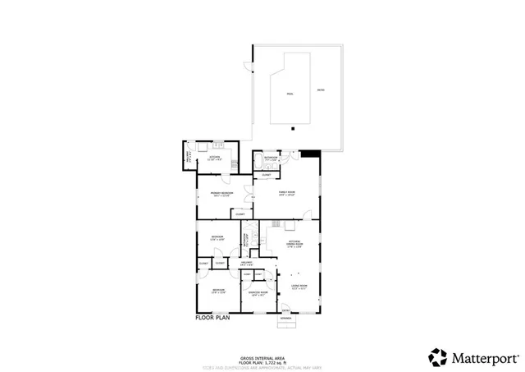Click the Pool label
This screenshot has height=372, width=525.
tap(289, 94)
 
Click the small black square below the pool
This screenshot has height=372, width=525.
tap(293, 128)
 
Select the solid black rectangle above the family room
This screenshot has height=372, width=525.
tap(310, 153)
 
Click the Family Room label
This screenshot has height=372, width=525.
tap(286, 193)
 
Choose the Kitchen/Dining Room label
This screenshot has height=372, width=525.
tap(292, 243)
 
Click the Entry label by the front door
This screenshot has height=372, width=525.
tap(285, 310)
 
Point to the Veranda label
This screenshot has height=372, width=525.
tap(285, 318)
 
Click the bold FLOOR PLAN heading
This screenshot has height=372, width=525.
tap(213, 317)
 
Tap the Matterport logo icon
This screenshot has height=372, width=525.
tap(437, 356)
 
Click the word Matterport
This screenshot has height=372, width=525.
tap(484, 357)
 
